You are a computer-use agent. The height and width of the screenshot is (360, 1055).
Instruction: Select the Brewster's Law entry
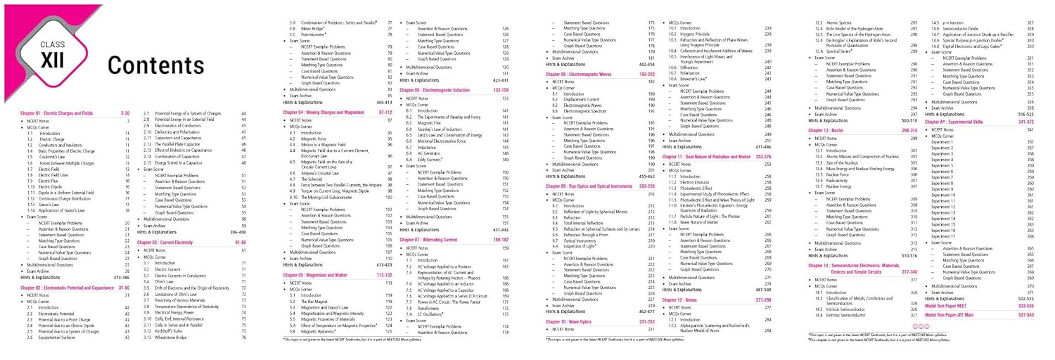[693, 78]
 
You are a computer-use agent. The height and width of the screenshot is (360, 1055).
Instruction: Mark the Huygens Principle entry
[696, 34]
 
